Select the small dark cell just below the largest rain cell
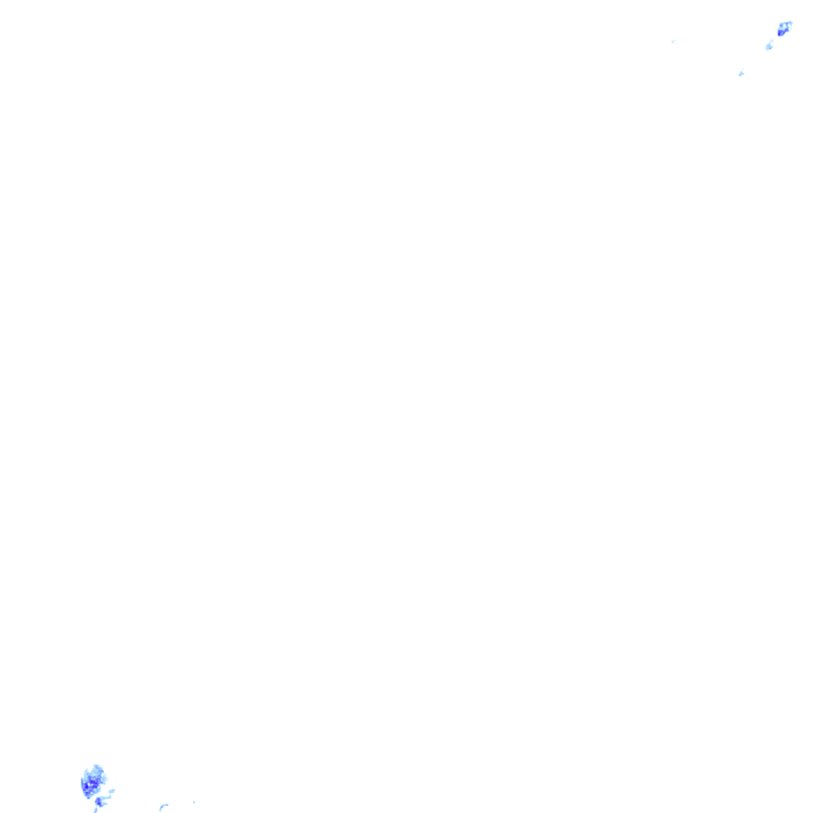click(98, 802)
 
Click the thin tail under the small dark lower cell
click(96, 809)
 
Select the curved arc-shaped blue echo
click(163, 807)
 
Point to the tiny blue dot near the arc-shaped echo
click(194, 802)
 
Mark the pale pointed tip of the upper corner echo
click(791, 23)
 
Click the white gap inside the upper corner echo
click(785, 26)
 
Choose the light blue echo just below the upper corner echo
click(769, 45)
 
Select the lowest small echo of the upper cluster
click(741, 74)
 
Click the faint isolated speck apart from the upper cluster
click(672, 41)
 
